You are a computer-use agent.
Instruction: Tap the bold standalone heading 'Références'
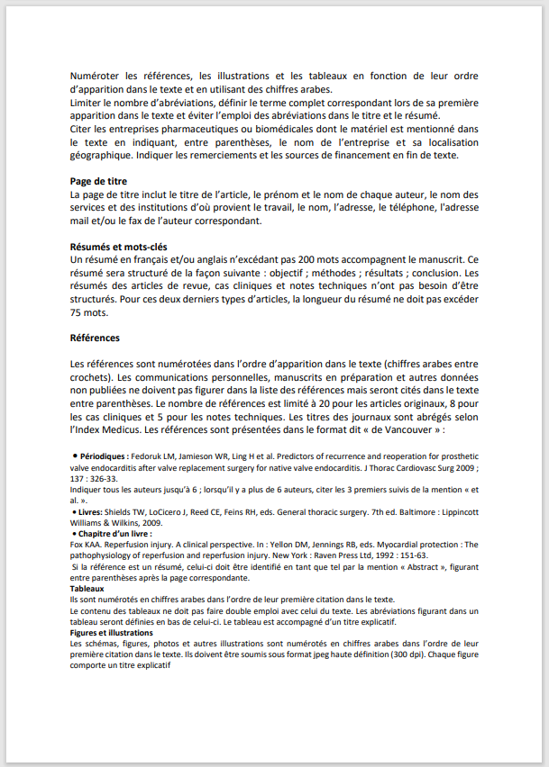(x=95, y=338)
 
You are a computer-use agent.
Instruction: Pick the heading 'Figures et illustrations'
(x=111, y=633)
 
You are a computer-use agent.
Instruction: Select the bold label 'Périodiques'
(x=103, y=456)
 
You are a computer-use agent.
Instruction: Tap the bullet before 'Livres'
(x=73, y=511)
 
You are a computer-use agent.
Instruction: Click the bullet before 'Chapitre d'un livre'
(x=73, y=533)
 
